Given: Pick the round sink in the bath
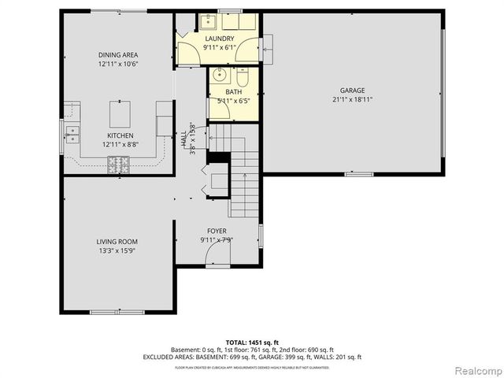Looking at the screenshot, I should point(220,76).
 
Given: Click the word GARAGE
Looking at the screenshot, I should point(352,91).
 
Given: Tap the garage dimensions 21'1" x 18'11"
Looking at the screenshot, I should point(352,99).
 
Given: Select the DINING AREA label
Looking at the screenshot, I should point(118,54).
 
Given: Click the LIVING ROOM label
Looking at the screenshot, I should point(117,242).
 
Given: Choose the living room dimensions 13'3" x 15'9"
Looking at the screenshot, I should point(117,250).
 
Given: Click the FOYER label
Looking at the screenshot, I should point(217,231).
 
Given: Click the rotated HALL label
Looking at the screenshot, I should point(183,139).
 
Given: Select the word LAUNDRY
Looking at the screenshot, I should point(218,39).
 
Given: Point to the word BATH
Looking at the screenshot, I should point(233,92).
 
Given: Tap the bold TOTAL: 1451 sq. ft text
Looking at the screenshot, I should point(251,342).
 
